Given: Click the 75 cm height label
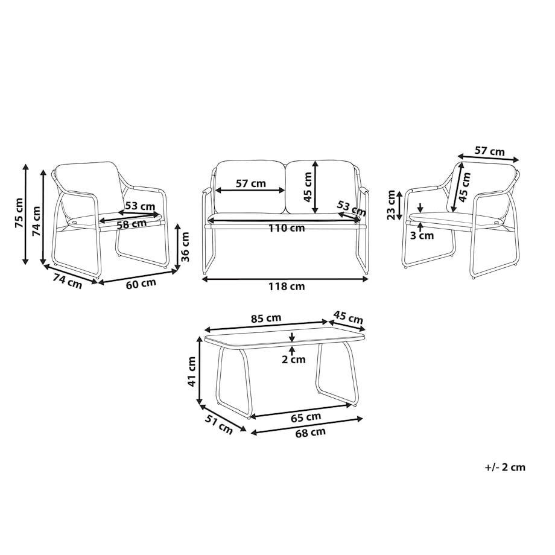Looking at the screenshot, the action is coord(19,212).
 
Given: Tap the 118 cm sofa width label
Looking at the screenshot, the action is coord(287,286).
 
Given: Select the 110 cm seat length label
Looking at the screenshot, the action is coord(287,228).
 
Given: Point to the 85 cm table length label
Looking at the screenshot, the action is coord(266,318).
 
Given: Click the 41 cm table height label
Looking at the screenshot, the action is coord(191,371).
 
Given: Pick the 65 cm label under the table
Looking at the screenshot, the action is coord(306,417).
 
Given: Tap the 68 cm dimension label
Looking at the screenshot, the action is coord(311,433).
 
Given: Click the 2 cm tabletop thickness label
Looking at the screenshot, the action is coord(293,360).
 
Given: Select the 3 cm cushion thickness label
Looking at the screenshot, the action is coord(422,235).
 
